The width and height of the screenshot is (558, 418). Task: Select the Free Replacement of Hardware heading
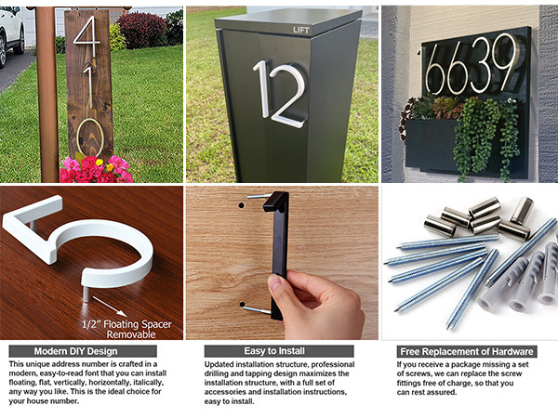(467, 351)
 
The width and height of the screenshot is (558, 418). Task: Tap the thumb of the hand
(279, 286)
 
